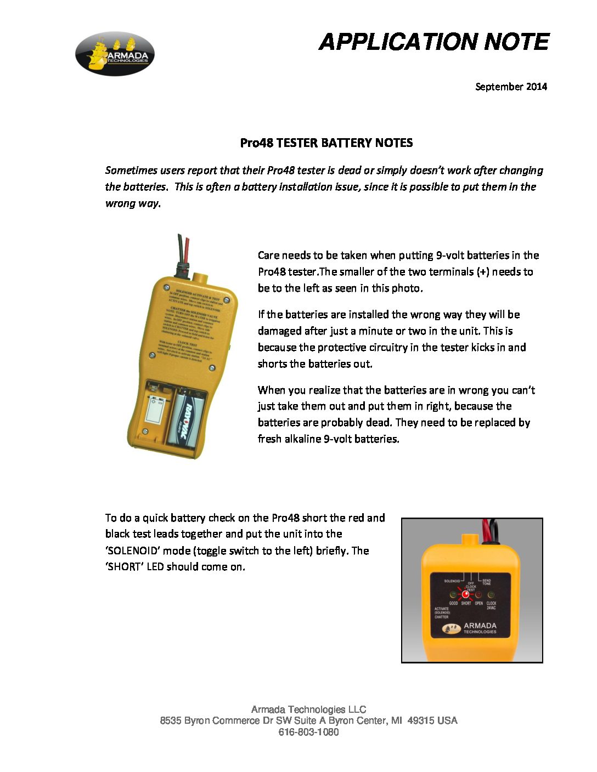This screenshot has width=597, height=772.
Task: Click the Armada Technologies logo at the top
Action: pyautogui.click(x=115, y=54)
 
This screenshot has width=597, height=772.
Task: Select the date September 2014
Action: pyautogui.click(x=511, y=87)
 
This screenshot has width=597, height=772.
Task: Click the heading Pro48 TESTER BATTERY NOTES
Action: pyautogui.click(x=326, y=143)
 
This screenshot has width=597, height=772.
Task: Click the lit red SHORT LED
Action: pyautogui.click(x=466, y=594)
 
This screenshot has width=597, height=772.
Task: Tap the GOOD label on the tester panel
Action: pyautogui.click(x=453, y=603)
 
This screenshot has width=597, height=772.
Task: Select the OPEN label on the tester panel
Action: pyautogui.click(x=479, y=603)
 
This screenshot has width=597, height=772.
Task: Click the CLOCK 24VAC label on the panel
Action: pyautogui.click(x=491, y=605)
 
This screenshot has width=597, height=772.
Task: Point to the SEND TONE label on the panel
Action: pyautogui.click(x=487, y=582)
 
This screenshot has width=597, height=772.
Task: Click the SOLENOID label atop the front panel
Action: pyautogui.click(x=452, y=581)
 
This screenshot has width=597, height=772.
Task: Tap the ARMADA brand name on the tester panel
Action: pyautogui.click(x=480, y=626)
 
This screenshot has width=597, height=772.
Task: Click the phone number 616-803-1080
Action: pyautogui.click(x=308, y=732)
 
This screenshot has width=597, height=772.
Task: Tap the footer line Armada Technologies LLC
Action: pyautogui.click(x=308, y=709)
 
